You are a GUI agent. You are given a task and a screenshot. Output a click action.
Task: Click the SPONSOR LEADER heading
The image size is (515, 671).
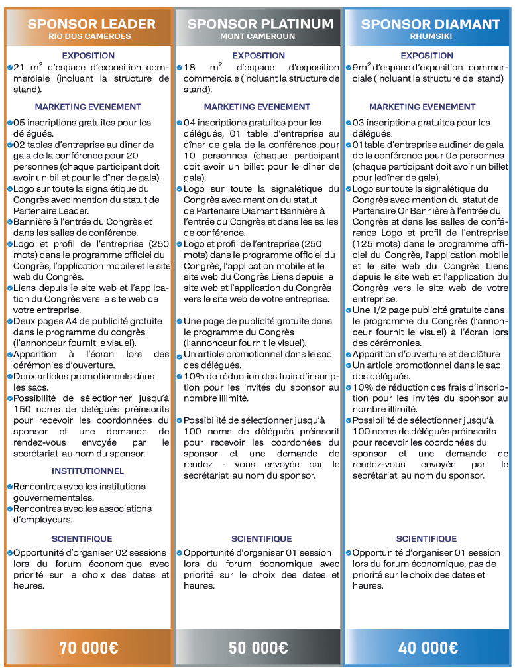click(91, 24)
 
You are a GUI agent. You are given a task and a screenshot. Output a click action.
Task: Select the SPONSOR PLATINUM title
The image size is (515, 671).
click(260, 24)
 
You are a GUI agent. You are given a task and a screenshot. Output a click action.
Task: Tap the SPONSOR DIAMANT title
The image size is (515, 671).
click(430, 24)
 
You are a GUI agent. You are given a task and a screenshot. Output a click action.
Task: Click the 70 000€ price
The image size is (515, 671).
click(87, 648)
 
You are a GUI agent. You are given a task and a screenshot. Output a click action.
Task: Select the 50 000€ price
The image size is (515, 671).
click(258, 648)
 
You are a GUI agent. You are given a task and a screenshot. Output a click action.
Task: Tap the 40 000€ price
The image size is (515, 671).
click(428, 648)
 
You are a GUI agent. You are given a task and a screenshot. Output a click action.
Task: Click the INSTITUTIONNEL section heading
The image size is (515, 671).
click(87, 471)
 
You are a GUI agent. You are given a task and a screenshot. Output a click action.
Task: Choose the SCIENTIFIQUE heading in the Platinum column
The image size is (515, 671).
click(261, 539)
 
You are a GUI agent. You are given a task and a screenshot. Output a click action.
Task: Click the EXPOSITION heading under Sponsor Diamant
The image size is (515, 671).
click(427, 56)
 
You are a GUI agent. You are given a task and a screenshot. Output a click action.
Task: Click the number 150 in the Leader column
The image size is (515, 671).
click(23, 409)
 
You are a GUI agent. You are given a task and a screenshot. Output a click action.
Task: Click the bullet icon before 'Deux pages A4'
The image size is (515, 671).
click(10, 321)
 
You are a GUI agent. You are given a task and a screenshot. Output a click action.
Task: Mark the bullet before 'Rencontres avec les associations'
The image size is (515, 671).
click(10, 509)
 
